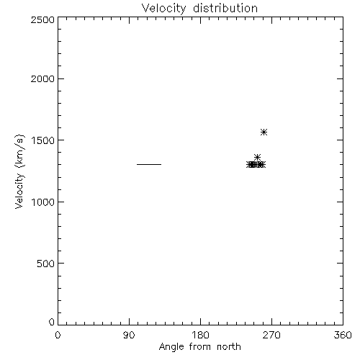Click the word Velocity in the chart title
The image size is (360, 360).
click(163, 9)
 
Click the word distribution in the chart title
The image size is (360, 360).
click(225, 8)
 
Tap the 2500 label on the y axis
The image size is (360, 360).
click(42, 19)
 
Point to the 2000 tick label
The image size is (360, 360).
click(42, 78)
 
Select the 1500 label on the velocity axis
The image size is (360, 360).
click(43, 140)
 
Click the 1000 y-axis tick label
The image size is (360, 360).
click(43, 202)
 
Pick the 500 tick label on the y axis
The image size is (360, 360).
click(46, 264)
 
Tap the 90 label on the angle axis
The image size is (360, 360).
click(129, 335)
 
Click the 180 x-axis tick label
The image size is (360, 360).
click(200, 335)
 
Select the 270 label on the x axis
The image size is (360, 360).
click(271, 335)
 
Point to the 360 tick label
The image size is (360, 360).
click(343, 335)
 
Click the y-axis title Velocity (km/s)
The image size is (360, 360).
click(19, 171)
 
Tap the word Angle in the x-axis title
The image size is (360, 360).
click(171, 347)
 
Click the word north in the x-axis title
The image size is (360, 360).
click(229, 346)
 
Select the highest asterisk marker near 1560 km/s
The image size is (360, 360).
click(264, 132)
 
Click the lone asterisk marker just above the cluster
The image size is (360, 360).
click(257, 158)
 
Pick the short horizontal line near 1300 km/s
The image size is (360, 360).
click(149, 164)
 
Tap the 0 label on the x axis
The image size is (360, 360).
click(58, 335)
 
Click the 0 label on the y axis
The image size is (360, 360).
click(52, 322)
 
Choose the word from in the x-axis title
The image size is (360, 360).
click(200, 346)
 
